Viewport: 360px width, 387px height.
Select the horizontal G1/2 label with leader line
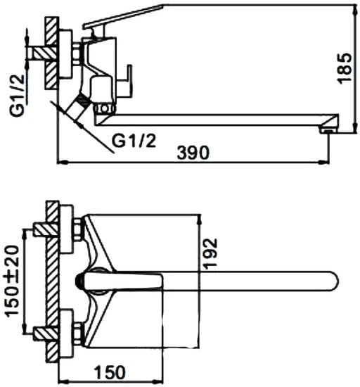click(x=134, y=141)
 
